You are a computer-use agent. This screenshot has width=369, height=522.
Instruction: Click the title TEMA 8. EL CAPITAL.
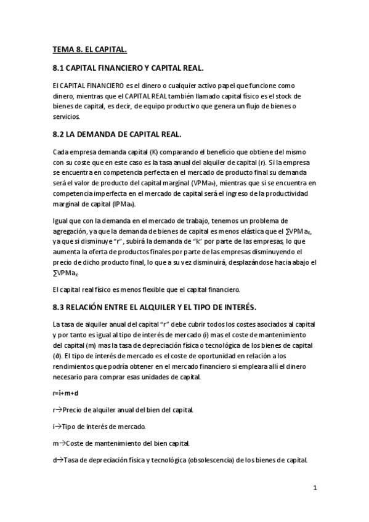(x=89, y=49)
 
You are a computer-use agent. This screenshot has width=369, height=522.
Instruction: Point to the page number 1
(x=315, y=488)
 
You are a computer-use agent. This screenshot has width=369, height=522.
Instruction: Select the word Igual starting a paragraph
(x=62, y=220)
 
